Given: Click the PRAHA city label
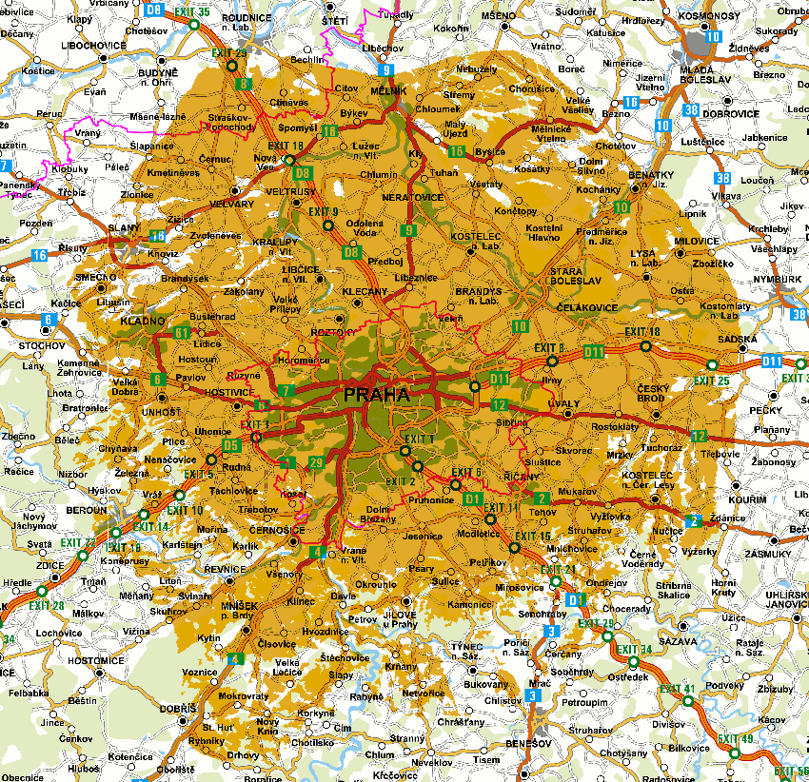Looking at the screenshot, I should [377, 395].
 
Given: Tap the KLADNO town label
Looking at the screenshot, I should [143, 322].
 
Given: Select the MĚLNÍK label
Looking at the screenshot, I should [388, 90].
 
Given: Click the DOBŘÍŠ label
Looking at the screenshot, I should [178, 709].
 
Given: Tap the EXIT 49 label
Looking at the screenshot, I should [736, 739].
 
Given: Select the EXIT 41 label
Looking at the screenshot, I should [678, 688].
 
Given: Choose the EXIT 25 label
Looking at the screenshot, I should [711, 381].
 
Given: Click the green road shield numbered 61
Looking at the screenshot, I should [182, 332].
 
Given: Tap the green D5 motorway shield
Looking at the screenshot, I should [230, 445].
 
